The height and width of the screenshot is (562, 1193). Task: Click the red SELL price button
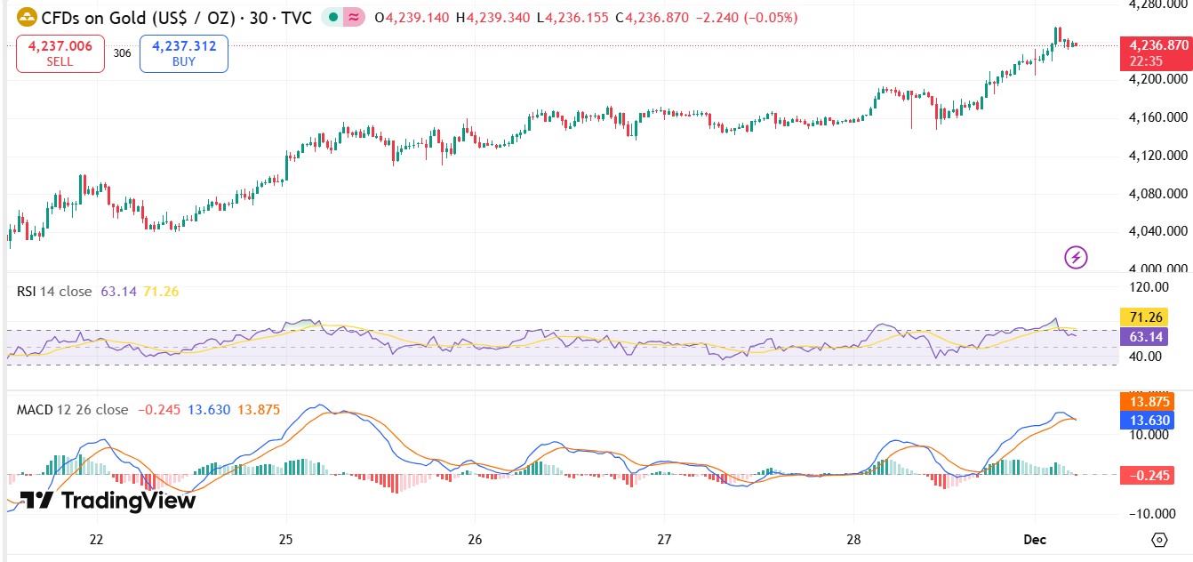[60, 54]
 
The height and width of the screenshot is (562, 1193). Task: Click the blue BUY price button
[184, 54]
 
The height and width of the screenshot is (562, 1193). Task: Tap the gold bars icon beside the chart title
[27, 17]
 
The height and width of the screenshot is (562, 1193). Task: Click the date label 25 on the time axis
[286, 540]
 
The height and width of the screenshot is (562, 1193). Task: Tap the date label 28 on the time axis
[854, 540]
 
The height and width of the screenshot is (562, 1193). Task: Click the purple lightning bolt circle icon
[1076, 258]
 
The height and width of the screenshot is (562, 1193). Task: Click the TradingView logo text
[107, 501]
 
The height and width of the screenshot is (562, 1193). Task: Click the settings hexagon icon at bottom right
[1158, 540]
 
